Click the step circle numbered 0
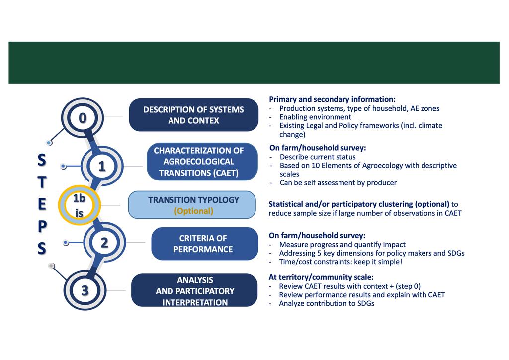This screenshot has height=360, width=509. tap(83, 117)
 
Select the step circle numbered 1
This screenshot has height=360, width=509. tap(101, 166)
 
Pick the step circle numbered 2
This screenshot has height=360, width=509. tap(104, 243)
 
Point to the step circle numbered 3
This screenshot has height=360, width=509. tap(85, 290)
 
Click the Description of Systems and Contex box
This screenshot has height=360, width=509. tap(193, 115)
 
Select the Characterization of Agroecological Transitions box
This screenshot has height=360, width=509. tap(202, 162)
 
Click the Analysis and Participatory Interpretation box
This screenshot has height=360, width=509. tap(194, 291)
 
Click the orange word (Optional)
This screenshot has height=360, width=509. tap(193, 211)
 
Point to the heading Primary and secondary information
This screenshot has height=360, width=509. tap(332, 99)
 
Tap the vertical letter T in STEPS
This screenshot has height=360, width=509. tap(42, 182)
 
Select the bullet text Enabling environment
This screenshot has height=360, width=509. tap(315, 117)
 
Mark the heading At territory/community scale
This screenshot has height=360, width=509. tap(321, 277)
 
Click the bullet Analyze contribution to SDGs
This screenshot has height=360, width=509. tap(326, 303)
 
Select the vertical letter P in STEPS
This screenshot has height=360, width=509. tap(42, 226)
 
